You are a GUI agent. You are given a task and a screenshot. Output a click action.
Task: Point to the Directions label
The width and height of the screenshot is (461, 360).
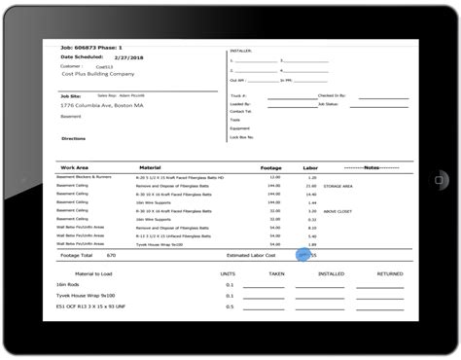coord(73,138)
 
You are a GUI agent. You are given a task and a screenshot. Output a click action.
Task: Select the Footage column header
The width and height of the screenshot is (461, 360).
coord(272,167)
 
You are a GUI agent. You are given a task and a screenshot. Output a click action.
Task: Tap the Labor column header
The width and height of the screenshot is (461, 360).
coord(310,167)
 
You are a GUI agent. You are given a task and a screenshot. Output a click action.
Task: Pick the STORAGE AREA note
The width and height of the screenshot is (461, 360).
coord(338,185)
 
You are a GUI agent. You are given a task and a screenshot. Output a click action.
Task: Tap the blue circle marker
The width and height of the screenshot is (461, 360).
coord(303,254)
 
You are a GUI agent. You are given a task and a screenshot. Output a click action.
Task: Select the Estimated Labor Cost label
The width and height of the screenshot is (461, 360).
coord(251,254)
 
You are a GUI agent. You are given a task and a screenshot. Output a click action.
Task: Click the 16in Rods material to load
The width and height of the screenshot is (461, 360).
coord(71,285)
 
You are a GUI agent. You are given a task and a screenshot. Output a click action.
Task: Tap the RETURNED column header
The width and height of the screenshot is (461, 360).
coord(390,274)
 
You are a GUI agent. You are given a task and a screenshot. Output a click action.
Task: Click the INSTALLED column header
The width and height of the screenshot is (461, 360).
coord(331,274)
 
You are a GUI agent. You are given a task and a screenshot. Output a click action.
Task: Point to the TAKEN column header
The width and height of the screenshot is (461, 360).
coord(277,274)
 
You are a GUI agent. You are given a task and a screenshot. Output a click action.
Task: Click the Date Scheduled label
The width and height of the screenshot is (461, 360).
coord(84,57)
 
